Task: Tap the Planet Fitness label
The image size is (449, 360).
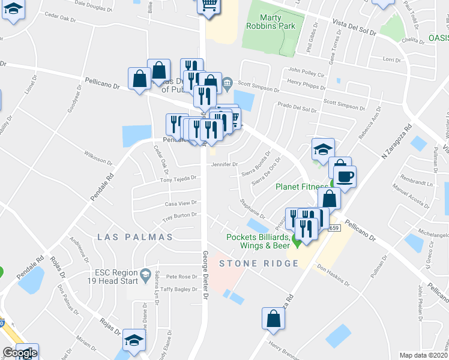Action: pyautogui.click(x=302, y=186)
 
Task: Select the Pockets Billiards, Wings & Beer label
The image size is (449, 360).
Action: pyautogui.click(x=258, y=241)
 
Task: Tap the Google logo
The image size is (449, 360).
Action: pyautogui.click(x=20, y=353)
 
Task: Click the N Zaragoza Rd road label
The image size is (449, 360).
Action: pyautogui.click(x=396, y=143)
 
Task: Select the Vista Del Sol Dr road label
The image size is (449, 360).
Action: pyautogui.click(x=354, y=27)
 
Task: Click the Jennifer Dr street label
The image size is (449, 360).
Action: pyautogui.click(x=226, y=164)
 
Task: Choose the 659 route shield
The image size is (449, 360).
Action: pyautogui.click(x=334, y=228)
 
